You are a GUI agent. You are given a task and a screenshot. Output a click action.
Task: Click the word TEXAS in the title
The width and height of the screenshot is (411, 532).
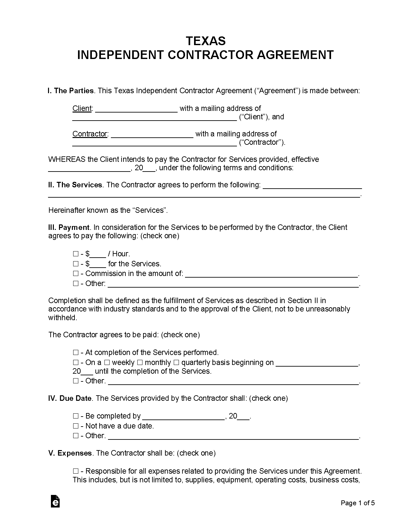point(205,41)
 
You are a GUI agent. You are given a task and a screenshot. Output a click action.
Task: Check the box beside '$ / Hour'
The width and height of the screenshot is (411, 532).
point(76,254)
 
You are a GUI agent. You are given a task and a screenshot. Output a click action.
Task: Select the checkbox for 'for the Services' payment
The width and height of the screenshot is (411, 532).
point(76,264)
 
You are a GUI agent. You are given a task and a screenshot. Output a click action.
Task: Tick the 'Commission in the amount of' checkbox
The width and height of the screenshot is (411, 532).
point(76,274)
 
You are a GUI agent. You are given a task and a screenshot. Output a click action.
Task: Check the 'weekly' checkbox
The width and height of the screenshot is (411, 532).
point(107,363)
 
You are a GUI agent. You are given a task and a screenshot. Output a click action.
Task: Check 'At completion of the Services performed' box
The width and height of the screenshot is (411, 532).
point(76,353)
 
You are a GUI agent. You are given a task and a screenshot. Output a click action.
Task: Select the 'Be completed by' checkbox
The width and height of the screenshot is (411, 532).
point(76,416)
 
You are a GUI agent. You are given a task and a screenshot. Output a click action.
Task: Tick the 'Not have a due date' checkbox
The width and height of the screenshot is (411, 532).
point(76,426)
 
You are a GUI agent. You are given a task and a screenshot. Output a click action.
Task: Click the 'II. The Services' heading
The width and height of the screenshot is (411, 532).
point(75,185)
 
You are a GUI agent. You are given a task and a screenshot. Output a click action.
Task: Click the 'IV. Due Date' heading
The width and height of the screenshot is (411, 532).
point(70,399)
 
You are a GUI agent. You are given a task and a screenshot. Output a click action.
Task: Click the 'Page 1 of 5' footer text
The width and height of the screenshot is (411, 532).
point(358,503)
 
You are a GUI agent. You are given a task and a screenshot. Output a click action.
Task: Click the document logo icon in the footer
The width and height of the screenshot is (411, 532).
point(55,501)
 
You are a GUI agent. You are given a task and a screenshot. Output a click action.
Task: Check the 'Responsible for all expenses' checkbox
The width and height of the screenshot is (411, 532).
point(76,471)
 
